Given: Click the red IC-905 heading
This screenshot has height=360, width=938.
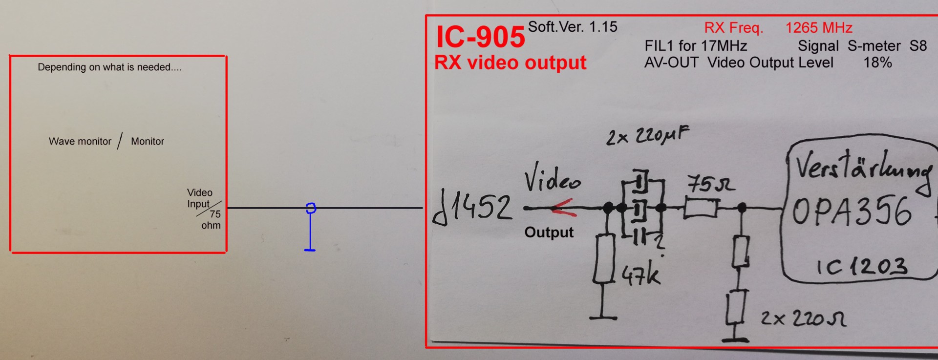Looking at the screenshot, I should [x=480, y=37].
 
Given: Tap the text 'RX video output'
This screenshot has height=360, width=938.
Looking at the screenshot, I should [x=510, y=63].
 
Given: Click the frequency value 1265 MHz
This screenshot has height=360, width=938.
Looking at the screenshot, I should [x=818, y=28].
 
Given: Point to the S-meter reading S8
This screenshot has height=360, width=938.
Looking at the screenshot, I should [x=917, y=46].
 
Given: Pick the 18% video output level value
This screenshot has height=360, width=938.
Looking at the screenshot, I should [x=877, y=63].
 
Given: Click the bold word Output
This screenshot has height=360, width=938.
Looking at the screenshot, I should [x=549, y=233].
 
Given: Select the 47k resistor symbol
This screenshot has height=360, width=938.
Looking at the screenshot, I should [x=604, y=259].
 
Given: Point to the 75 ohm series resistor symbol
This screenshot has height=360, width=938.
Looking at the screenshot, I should [x=701, y=208].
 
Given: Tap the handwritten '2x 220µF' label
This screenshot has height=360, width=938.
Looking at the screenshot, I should [x=647, y=135].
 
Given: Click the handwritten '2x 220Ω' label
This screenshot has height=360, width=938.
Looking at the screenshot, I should [x=803, y=319].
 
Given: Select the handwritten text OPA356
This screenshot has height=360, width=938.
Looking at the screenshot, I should [x=852, y=212].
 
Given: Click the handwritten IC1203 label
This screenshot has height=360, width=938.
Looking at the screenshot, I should [x=862, y=267].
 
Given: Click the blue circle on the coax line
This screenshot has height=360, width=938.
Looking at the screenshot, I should [x=311, y=209].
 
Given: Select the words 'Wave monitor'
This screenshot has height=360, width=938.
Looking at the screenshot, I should [x=80, y=142].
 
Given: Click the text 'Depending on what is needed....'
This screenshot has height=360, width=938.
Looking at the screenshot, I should [x=109, y=67].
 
